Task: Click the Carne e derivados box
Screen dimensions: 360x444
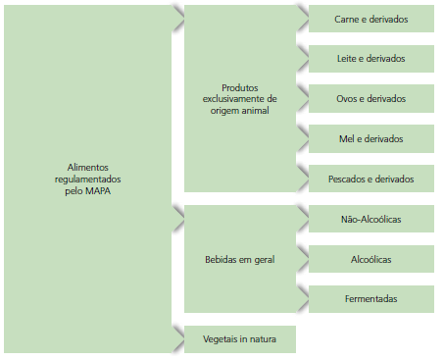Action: pyautogui.click(x=371, y=19)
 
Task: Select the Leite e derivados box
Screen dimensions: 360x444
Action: pyautogui.click(x=371, y=59)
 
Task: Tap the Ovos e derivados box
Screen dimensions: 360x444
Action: pyautogui.click(x=371, y=99)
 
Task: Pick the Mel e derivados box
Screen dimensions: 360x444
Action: pyautogui.click(x=371, y=139)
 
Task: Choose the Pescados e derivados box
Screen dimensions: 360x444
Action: pyautogui.click(x=371, y=180)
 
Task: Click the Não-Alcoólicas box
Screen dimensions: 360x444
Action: pyautogui.click(x=371, y=219)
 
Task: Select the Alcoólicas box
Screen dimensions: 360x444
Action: pyautogui.click(x=371, y=259)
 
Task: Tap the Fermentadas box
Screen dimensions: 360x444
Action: pyautogui.click(x=371, y=298)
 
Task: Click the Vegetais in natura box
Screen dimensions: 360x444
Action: pyautogui.click(x=240, y=339)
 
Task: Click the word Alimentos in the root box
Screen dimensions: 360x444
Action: pyautogui.click(x=88, y=168)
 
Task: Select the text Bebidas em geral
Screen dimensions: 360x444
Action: pyautogui.click(x=240, y=260)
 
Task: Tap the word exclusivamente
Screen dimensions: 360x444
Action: pyautogui.click(x=240, y=98)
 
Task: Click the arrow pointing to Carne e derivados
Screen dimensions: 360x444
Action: pyautogui.click(x=302, y=18)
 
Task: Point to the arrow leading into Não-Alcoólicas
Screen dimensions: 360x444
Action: pyautogui.click(x=302, y=217)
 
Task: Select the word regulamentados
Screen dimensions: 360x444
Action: pyautogui.click(x=88, y=180)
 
